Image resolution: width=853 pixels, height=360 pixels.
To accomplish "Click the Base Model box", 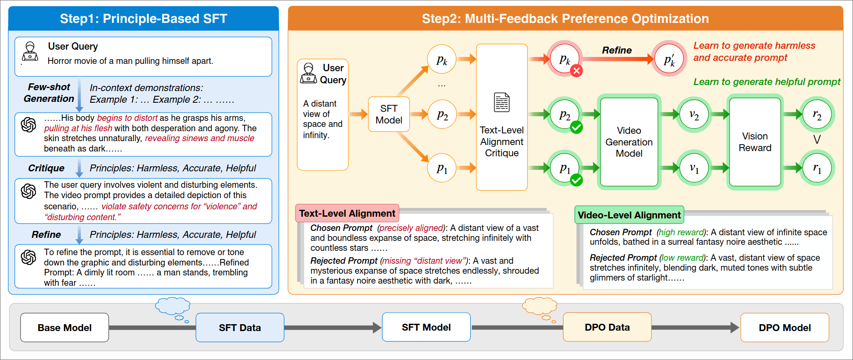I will point(64,328).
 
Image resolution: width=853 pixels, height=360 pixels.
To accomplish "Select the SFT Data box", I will point(239,328).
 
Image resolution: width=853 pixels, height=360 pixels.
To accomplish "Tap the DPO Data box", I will point(607,327).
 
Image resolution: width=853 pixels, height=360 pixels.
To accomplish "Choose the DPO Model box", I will point(784,328).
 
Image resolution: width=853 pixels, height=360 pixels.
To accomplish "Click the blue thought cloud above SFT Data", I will point(173,306).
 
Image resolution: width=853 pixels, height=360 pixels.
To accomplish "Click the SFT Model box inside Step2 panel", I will point(388,114).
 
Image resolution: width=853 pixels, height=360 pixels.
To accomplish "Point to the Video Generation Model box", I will point(629,142).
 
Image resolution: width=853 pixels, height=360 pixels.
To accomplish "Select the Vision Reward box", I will point(755,142).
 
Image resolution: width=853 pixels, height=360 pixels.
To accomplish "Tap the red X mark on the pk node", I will point(576,71).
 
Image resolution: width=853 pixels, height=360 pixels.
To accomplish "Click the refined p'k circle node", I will point(669,59).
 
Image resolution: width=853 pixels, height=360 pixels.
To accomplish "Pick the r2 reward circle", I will point(817,114).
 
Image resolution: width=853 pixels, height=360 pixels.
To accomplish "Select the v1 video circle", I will point(694,168).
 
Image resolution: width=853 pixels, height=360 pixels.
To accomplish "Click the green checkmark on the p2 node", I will point(576,127).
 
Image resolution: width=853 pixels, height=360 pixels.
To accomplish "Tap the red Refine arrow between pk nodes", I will point(617,59).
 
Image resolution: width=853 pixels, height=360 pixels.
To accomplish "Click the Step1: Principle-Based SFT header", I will point(143,19).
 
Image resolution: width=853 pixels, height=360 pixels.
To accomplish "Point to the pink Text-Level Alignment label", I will point(347,213).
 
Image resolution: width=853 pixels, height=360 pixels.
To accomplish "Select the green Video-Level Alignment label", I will point(629,215).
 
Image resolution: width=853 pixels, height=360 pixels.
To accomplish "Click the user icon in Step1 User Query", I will point(30,52).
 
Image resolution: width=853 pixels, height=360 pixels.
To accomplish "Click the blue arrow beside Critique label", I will point(79,168).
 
